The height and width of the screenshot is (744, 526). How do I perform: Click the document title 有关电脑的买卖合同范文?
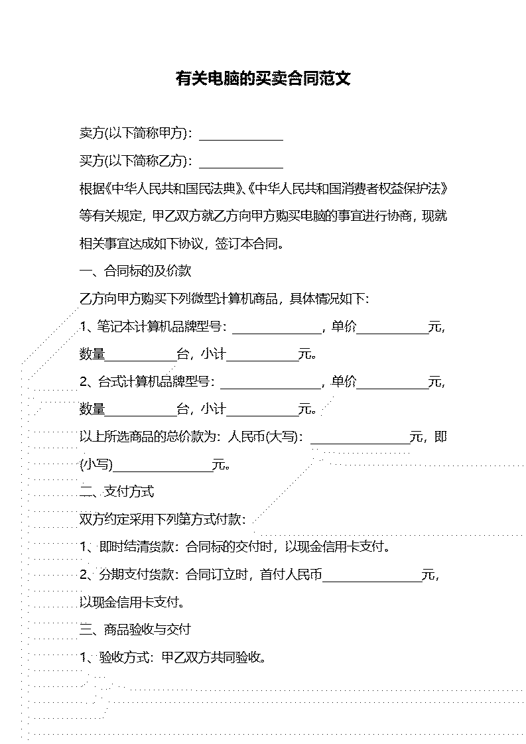(263, 78)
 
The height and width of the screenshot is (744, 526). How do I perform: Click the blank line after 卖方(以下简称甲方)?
(241, 140)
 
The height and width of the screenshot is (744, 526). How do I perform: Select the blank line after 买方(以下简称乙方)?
(241, 168)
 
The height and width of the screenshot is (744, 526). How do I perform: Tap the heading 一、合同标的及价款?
(135, 271)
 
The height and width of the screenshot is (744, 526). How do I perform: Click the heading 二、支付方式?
(117, 491)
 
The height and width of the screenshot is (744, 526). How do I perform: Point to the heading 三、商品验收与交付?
(135, 630)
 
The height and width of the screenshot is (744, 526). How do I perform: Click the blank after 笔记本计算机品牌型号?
(277, 334)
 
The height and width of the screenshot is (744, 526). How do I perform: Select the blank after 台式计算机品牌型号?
(271, 389)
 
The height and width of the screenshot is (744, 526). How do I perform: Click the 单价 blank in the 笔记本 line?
(393, 334)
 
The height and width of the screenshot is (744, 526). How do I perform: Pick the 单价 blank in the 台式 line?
(393, 389)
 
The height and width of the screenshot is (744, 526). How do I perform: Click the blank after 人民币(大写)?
(361, 444)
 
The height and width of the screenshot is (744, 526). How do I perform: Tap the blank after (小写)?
(163, 471)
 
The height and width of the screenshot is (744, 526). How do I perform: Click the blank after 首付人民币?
(372, 582)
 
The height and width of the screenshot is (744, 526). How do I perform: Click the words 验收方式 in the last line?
(124, 657)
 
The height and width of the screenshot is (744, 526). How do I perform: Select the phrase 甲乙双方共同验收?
(211, 657)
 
